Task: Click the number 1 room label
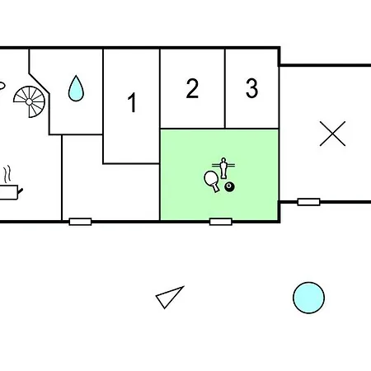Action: pos(132,102)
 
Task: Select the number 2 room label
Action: pos(192,88)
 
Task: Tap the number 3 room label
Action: pos(251,88)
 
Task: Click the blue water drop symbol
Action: pos(76,88)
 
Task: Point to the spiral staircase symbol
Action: pos(29,101)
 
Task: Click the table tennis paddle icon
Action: pos(212,181)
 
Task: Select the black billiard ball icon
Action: pos(229,187)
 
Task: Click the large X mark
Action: pos(332,134)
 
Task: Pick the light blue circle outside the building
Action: pos(308,298)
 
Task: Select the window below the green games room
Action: pos(221,222)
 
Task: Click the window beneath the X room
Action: pos(309,202)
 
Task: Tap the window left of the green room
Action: pos(80,222)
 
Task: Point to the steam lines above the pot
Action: pos(7,174)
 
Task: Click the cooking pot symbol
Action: pos(10,192)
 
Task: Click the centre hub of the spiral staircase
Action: pos(29,101)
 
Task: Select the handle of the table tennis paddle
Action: pos(216,188)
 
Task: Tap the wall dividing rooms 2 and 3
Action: pos(225,88)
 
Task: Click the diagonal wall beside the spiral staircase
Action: pos(39,83)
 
